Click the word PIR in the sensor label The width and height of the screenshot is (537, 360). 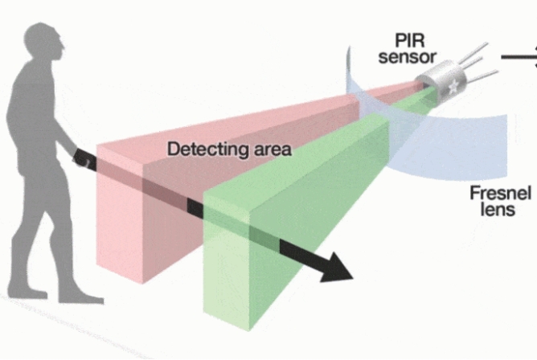pyautogui.click(x=413, y=40)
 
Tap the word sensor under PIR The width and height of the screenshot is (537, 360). pyautogui.click(x=413, y=57)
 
